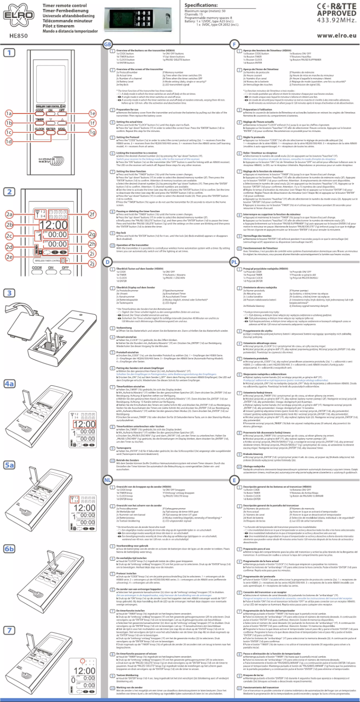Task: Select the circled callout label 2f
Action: click(92, 201)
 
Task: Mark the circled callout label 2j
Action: click(92, 263)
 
